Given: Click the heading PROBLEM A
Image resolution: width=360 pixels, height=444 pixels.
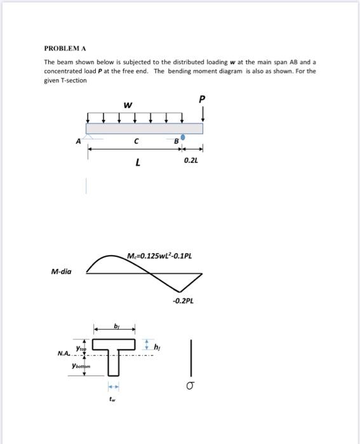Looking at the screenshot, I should [x=64, y=48].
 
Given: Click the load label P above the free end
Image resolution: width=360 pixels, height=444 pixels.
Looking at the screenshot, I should [x=202, y=100].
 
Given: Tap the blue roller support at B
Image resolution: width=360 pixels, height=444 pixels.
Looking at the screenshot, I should [x=183, y=137].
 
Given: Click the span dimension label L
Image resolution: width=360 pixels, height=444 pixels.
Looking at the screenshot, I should [x=137, y=163].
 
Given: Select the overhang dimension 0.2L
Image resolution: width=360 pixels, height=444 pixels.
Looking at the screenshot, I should [x=190, y=162].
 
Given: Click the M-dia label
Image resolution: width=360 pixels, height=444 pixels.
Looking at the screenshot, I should [x=62, y=271].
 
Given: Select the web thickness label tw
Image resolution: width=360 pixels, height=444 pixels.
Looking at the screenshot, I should [x=113, y=400].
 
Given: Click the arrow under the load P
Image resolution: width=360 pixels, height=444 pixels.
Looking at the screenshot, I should [x=202, y=114].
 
